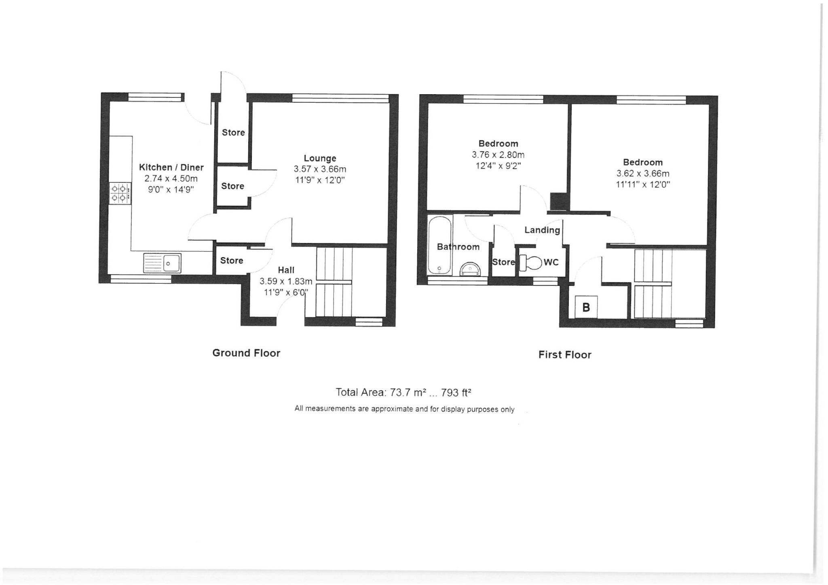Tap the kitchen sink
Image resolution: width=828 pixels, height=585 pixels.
click(x=162, y=263)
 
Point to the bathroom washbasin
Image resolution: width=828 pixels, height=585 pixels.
click(x=471, y=269)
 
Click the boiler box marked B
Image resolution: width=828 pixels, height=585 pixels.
click(x=586, y=307)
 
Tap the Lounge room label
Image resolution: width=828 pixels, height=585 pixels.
click(x=320, y=158)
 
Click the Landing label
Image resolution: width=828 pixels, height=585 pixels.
click(x=542, y=230)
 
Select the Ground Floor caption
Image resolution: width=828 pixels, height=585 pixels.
click(x=246, y=353)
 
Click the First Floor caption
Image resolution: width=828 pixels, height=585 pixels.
click(x=565, y=355)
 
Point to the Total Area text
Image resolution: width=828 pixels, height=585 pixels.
click(x=403, y=392)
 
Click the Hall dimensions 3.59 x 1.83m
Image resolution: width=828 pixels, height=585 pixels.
click(x=286, y=281)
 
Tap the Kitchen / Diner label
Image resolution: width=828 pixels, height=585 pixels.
click(x=171, y=167)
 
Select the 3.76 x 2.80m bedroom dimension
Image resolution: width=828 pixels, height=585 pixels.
click(x=498, y=154)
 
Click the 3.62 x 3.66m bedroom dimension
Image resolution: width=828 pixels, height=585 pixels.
click(x=643, y=173)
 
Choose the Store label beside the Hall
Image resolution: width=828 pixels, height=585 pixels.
click(x=232, y=260)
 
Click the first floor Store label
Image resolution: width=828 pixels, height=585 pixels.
click(x=503, y=262)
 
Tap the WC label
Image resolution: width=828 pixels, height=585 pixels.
click(x=551, y=262)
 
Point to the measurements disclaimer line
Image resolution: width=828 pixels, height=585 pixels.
click(x=404, y=409)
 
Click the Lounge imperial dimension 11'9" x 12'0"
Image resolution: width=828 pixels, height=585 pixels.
click(x=320, y=180)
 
